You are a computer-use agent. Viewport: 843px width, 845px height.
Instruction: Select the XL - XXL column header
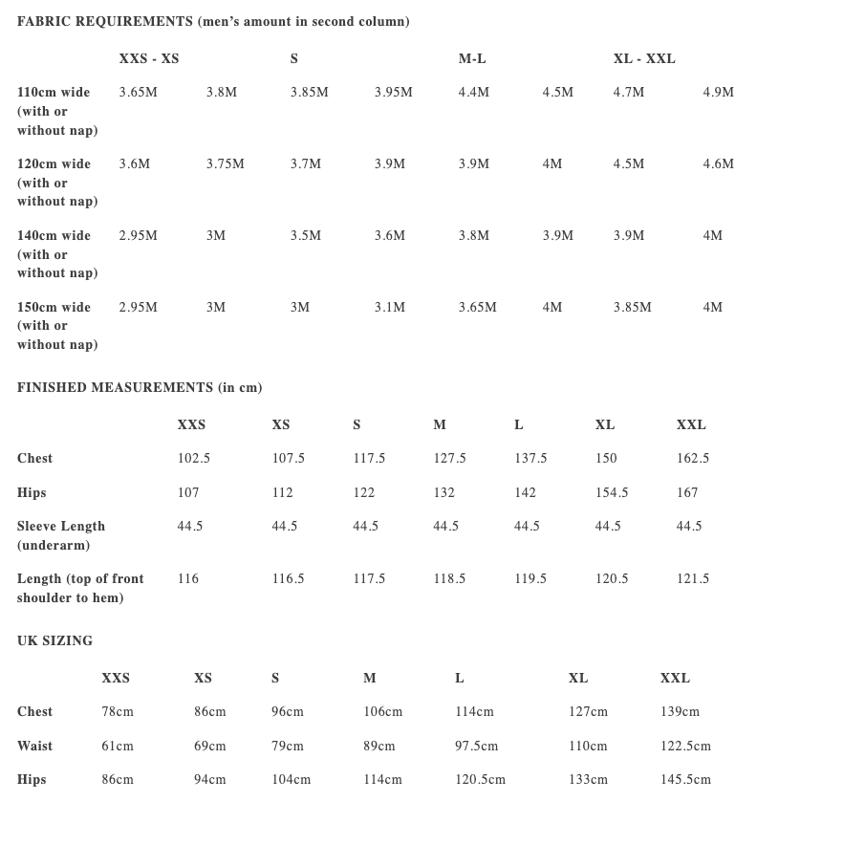(x=644, y=59)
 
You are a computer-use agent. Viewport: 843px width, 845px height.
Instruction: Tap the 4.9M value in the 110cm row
(x=718, y=93)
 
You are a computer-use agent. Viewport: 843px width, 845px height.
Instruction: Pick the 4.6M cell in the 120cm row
(x=718, y=164)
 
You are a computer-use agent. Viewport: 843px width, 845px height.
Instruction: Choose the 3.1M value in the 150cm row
(x=389, y=308)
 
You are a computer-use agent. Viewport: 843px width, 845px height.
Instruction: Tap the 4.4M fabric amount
(x=473, y=93)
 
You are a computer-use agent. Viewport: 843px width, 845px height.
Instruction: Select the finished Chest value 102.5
(x=193, y=459)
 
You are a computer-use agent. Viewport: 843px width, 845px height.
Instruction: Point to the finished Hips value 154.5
(x=612, y=493)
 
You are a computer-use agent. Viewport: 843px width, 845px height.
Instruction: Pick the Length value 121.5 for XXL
(x=692, y=579)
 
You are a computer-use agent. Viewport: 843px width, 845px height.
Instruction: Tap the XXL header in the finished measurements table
(x=691, y=425)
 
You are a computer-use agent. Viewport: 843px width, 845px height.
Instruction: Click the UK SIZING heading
(x=54, y=641)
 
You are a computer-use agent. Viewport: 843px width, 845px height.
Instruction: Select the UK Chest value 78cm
(x=118, y=712)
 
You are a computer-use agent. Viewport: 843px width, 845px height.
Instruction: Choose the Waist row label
(x=34, y=747)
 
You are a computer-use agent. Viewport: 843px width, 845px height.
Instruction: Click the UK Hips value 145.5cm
(x=685, y=780)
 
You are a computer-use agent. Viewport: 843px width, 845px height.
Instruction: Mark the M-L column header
(x=472, y=59)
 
